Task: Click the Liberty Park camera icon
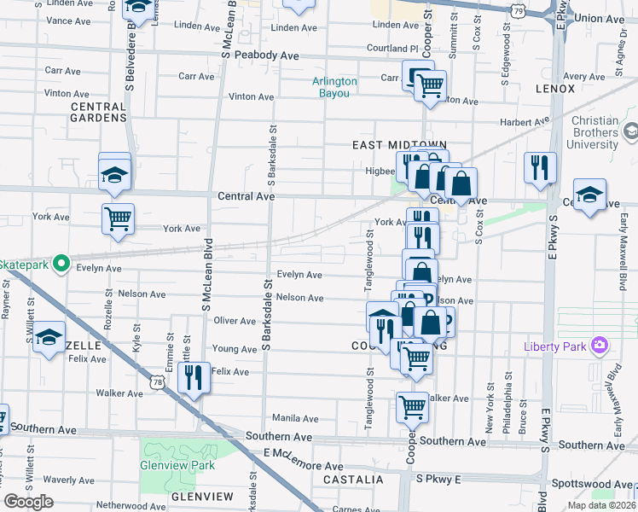click(600, 346)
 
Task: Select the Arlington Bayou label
click(334, 87)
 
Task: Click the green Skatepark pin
click(60, 264)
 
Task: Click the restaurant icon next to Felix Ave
click(194, 377)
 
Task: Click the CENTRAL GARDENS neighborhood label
click(98, 112)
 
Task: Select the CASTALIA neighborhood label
click(350, 480)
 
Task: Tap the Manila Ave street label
click(294, 418)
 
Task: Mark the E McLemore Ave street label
click(303, 467)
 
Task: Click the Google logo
click(28, 502)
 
